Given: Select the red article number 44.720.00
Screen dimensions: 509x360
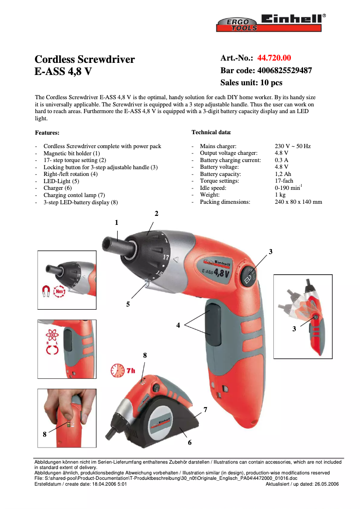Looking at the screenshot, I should (274, 58).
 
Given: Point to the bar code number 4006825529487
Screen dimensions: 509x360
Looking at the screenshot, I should (284, 70).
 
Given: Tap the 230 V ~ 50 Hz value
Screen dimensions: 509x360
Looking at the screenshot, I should (292, 146).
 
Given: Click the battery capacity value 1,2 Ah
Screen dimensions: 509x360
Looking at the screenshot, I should (283, 174).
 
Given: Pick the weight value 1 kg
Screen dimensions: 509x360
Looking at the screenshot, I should (280, 195).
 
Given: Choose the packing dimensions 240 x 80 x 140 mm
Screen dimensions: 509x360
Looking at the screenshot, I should (298, 202).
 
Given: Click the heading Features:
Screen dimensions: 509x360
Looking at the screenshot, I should (47, 133).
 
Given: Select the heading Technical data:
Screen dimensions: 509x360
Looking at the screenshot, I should (211, 132).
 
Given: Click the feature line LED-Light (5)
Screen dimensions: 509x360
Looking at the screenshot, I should (61, 181).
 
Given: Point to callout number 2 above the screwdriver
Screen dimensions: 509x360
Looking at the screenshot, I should (156, 214).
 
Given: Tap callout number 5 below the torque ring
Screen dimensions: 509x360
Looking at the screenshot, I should (128, 304).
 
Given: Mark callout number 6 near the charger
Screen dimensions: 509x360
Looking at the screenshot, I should (189, 443).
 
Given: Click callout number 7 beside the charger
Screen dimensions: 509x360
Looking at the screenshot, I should (205, 410).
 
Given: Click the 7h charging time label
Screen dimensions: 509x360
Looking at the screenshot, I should (130, 371).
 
